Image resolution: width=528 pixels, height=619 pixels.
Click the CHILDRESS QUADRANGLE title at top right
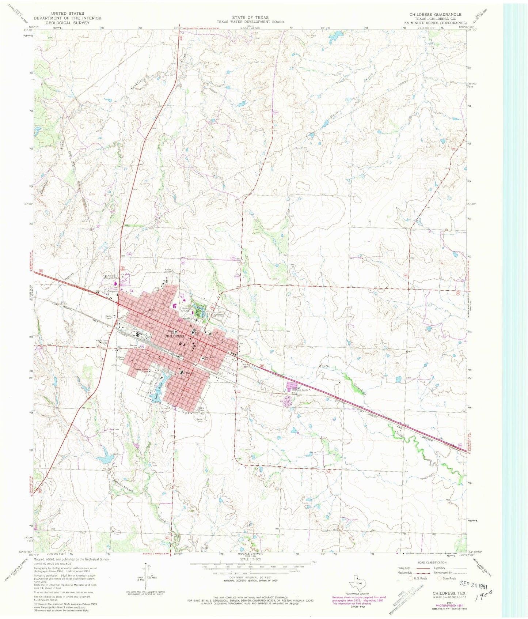[435, 15]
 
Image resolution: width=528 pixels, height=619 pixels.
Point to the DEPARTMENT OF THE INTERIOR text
[67, 18]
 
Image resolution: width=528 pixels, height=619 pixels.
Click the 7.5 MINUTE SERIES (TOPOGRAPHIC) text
[435, 22]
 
